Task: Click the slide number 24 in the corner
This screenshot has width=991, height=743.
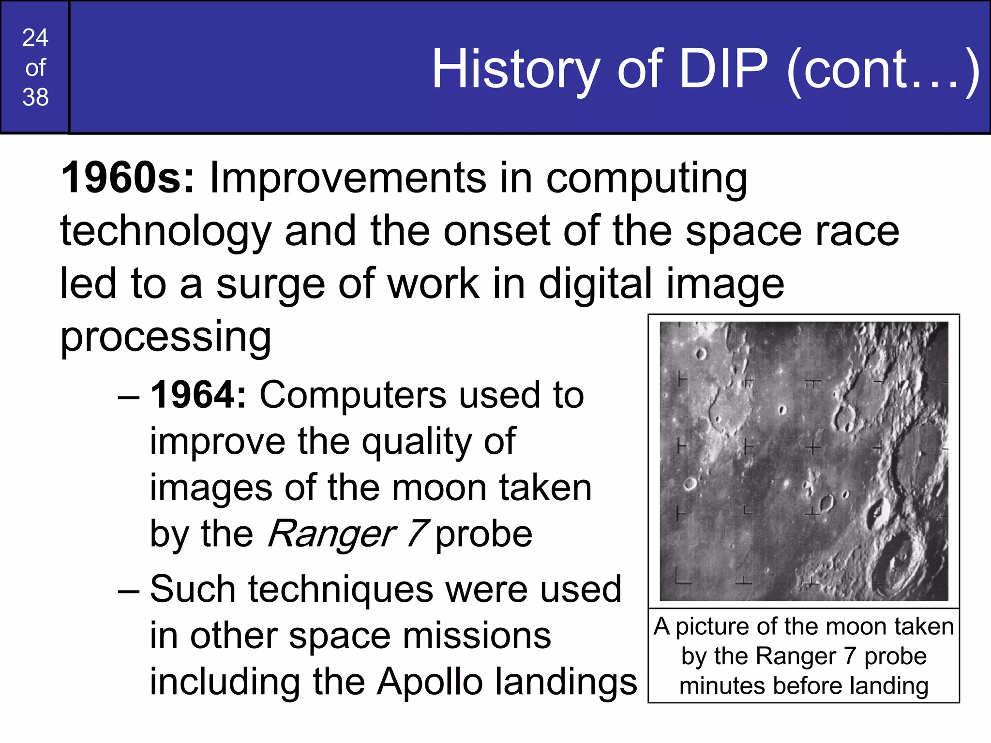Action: point(35,38)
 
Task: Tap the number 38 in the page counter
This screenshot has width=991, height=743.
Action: point(35,97)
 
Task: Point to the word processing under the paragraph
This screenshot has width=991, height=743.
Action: point(165,337)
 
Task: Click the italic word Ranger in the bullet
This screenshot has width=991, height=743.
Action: point(332,534)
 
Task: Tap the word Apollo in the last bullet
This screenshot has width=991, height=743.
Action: point(430,682)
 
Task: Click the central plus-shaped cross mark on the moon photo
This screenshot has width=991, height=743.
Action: point(812,447)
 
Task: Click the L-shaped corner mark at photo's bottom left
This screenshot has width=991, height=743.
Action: point(682,578)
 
